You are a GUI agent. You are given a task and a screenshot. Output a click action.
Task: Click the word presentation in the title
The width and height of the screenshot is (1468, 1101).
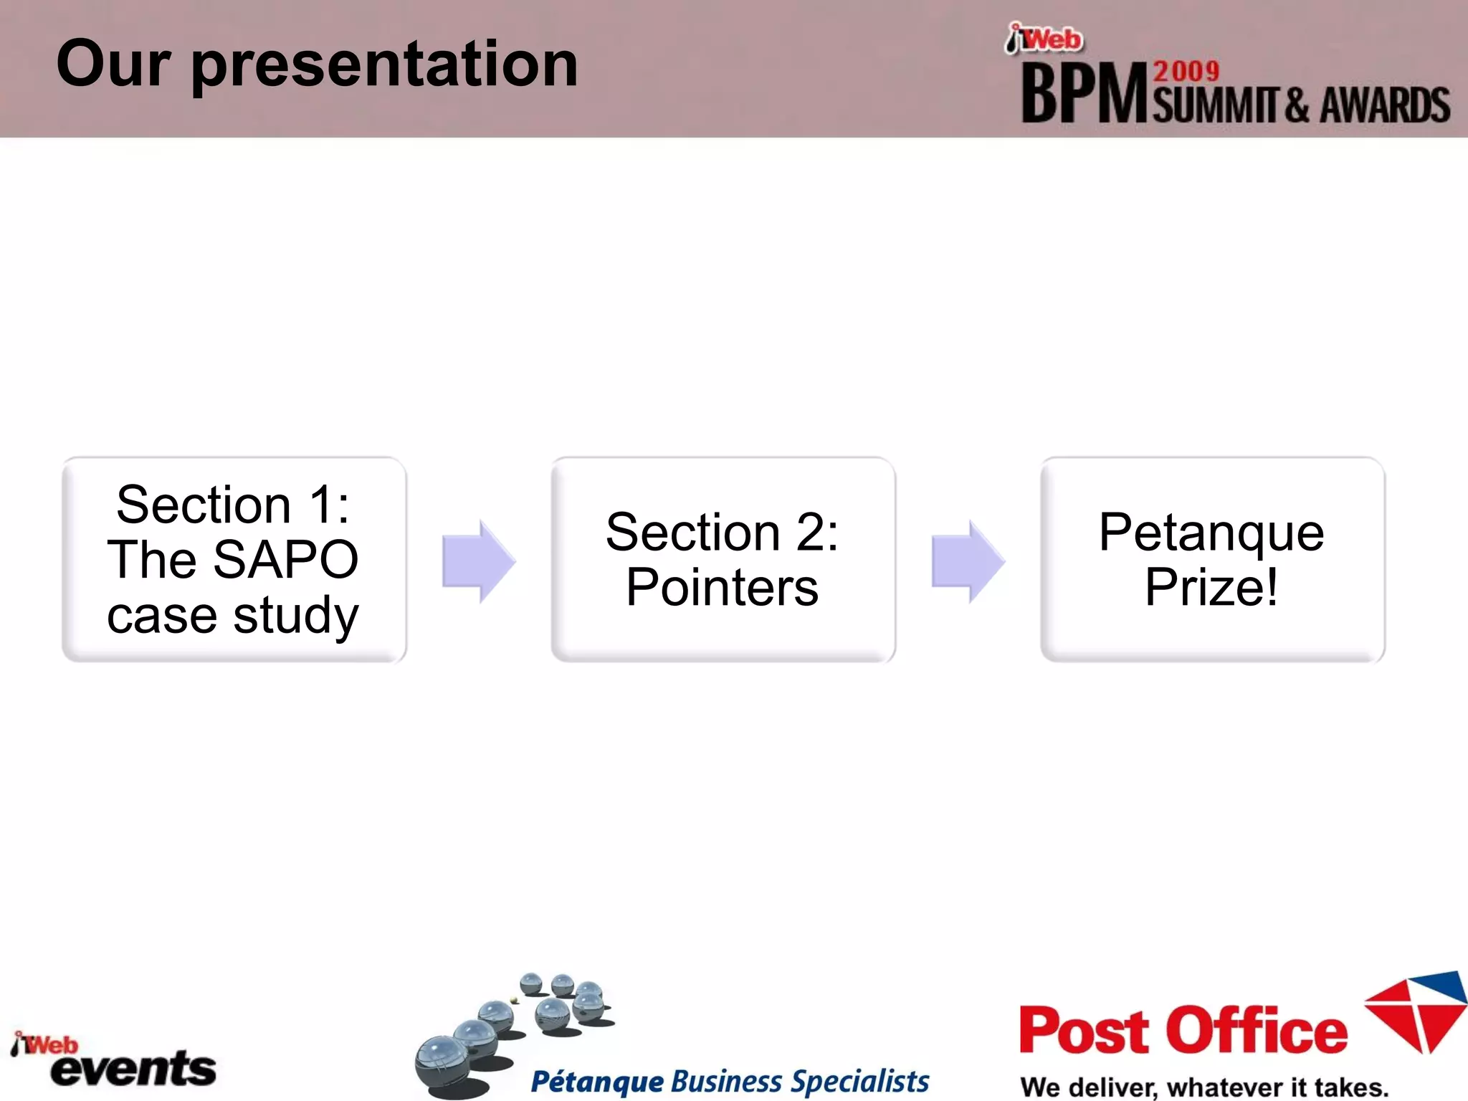384,66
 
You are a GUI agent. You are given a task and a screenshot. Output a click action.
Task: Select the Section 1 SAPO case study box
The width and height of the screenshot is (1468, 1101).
234,559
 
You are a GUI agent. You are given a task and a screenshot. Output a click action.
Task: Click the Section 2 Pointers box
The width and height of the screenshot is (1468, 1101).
723,559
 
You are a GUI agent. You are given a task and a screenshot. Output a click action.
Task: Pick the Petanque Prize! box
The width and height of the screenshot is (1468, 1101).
1212,559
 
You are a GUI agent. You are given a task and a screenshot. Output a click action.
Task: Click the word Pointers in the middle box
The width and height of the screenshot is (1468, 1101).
722,588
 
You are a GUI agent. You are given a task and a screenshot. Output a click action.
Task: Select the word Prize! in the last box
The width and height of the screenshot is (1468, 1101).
1211,588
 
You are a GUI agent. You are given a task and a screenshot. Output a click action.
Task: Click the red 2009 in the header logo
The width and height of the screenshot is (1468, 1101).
1186,72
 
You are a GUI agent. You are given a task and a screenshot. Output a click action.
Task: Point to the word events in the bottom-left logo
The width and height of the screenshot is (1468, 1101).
134,1069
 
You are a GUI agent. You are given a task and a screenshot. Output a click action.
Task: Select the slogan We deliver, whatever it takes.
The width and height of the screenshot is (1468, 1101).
1204,1087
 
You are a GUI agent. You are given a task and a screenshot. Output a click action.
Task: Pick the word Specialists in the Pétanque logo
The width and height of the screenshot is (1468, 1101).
860,1082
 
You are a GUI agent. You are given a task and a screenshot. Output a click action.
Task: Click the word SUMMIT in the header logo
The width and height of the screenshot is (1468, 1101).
1216,106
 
